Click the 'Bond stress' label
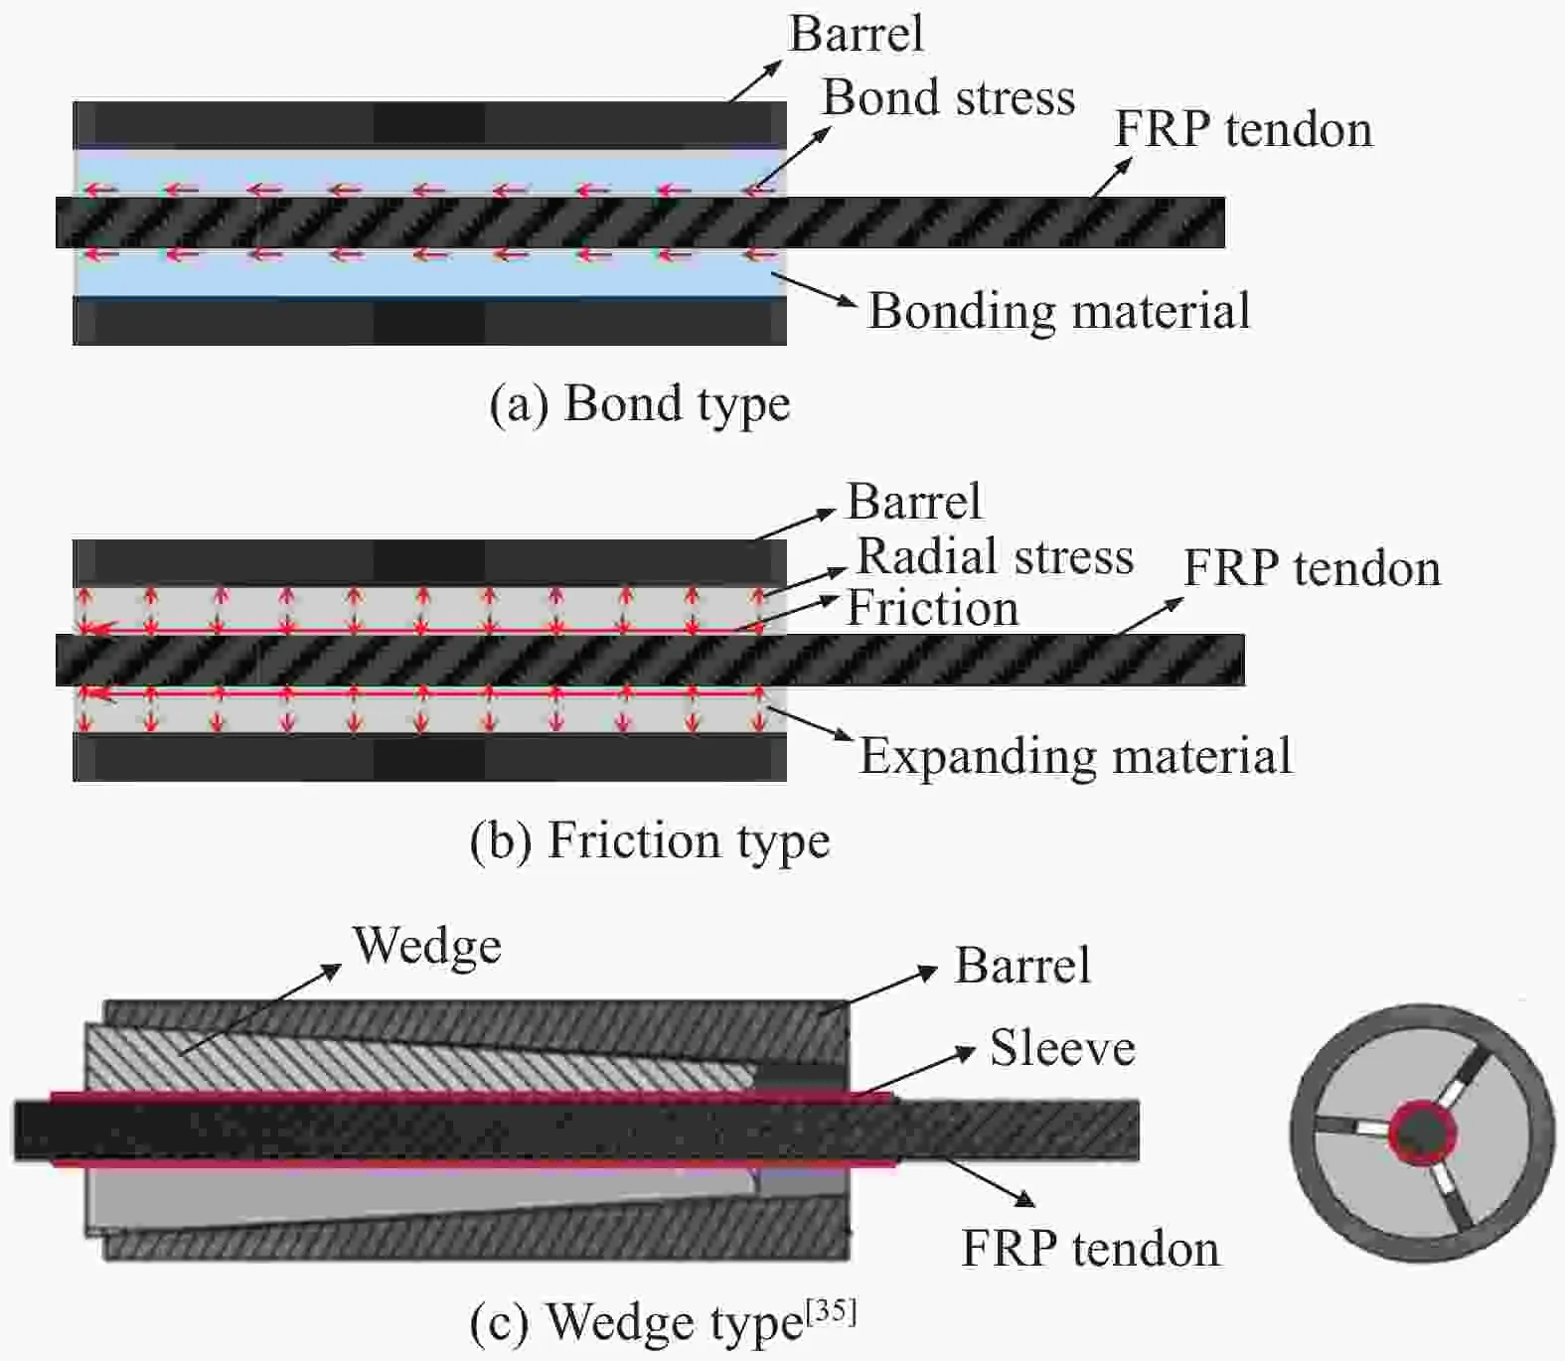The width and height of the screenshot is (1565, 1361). (x=948, y=98)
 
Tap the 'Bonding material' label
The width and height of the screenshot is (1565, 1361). (x=1059, y=311)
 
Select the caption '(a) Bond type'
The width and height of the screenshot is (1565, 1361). (x=640, y=404)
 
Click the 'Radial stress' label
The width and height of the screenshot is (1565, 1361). (x=995, y=556)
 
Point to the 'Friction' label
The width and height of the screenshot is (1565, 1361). (x=932, y=608)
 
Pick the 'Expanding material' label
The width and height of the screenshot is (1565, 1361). (x=1075, y=756)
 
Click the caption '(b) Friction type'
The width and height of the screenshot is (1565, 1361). (x=650, y=841)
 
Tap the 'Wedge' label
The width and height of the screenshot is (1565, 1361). (x=427, y=946)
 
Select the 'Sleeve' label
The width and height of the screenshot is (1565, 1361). (x=1062, y=1049)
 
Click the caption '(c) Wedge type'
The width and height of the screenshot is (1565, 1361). (x=636, y=1323)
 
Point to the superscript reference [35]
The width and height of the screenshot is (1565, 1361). (x=831, y=1312)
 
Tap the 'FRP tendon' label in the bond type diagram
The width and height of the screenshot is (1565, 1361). (x=1243, y=130)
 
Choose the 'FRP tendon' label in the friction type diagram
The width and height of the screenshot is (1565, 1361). (x=1312, y=569)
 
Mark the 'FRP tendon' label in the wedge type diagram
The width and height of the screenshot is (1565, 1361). (x=1090, y=1249)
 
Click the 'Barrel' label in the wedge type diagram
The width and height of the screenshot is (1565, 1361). (x=1022, y=966)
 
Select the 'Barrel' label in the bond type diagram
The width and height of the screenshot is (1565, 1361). (x=856, y=34)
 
